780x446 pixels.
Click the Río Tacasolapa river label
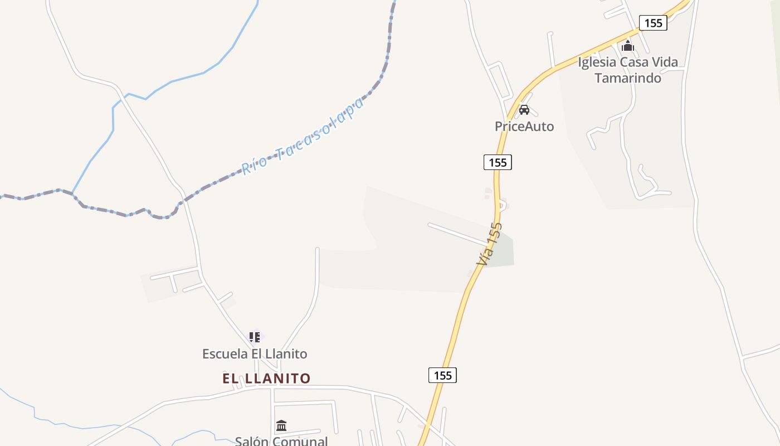pyautogui.click(x=303, y=135)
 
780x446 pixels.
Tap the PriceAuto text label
pyautogui.click(x=524, y=127)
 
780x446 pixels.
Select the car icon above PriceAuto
pyautogui.click(x=524, y=109)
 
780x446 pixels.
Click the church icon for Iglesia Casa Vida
pyautogui.click(x=628, y=46)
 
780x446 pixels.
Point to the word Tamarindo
pyautogui.click(x=628, y=77)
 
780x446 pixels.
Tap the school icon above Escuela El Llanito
pyautogui.click(x=254, y=337)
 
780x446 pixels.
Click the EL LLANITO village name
pyautogui.click(x=266, y=379)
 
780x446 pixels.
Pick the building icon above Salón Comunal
pyautogui.click(x=281, y=426)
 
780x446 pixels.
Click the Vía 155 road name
pyautogui.click(x=489, y=244)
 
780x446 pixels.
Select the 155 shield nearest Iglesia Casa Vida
pyautogui.click(x=653, y=23)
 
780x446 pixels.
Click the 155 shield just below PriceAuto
pyautogui.click(x=497, y=162)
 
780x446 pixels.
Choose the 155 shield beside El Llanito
pyautogui.click(x=442, y=375)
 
